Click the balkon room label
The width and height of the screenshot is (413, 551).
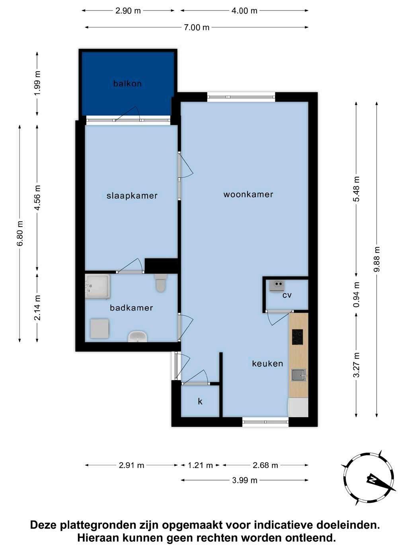[x=127, y=83]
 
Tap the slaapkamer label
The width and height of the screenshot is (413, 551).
[x=132, y=196]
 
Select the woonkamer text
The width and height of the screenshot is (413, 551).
[x=248, y=195]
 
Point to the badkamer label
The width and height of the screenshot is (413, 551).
[x=131, y=308]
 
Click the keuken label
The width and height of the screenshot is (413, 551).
[x=267, y=363]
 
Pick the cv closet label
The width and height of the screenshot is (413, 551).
[x=287, y=295]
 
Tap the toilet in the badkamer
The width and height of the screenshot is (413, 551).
[x=161, y=283]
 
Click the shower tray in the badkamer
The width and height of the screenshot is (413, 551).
[x=97, y=287]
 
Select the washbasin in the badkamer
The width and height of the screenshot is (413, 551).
[x=137, y=336]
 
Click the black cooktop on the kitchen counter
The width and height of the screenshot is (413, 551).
[x=297, y=337]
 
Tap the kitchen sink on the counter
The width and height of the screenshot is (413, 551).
[x=299, y=375]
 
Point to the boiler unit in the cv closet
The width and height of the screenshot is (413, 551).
[x=277, y=286]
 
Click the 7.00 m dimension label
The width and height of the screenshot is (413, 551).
[x=197, y=27]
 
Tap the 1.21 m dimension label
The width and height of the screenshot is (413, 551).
[x=201, y=466]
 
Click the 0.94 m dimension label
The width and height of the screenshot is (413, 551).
[x=357, y=295]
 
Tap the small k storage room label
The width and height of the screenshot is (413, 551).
[x=200, y=401]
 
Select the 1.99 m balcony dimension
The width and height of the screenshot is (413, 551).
[x=37, y=83]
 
